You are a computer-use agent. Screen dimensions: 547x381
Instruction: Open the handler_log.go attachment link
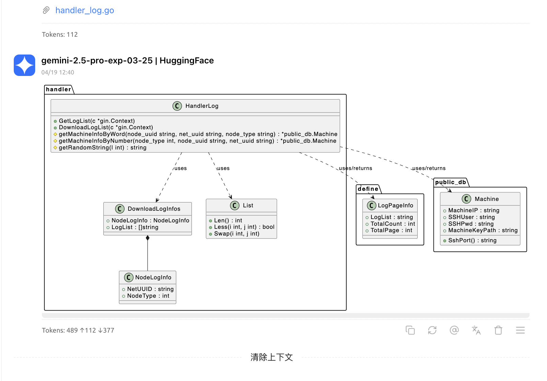pos(84,10)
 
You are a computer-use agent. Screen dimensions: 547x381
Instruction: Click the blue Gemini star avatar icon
pos(24,65)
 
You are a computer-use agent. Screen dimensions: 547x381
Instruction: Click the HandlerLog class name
pos(202,106)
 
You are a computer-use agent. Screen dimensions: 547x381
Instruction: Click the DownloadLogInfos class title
pos(154,209)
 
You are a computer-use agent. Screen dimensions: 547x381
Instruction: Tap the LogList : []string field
pos(135,227)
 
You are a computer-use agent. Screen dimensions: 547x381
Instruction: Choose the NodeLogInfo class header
pos(153,277)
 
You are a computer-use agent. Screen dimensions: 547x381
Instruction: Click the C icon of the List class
pos(235,206)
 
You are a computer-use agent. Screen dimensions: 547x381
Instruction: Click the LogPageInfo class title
pos(395,206)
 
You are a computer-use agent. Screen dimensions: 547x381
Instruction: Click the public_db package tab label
pos(450,182)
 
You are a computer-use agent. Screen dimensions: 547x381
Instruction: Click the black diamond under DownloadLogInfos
pos(148,238)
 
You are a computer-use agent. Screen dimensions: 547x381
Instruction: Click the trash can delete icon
pos(498,330)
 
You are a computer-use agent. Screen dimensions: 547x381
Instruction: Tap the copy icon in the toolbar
pos(410,330)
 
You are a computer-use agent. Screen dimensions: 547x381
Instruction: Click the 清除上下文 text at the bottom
pos(272,357)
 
